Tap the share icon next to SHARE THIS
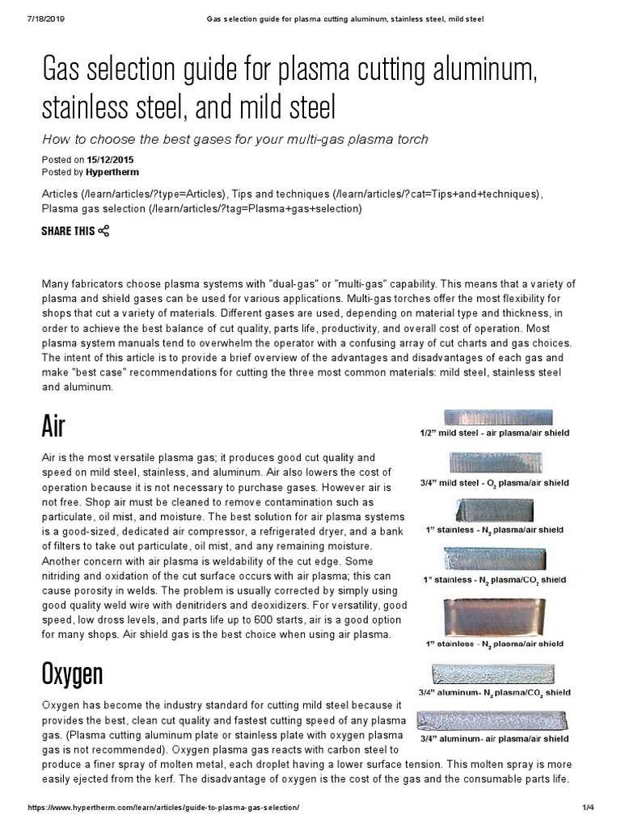click(x=103, y=232)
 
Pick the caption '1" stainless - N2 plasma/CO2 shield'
click(x=493, y=581)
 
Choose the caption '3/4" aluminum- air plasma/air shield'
click(x=495, y=738)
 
